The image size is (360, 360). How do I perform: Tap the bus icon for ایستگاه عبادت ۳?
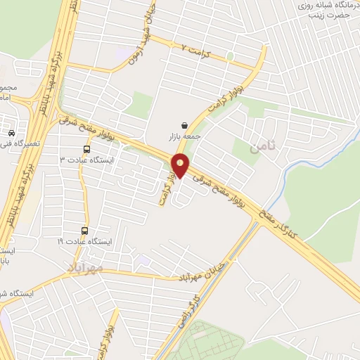click(86, 149)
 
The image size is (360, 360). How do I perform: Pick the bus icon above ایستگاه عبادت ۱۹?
click(86, 231)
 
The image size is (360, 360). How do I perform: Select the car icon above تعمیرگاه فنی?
click(12, 133)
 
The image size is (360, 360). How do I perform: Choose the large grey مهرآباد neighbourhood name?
click(86, 268)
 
